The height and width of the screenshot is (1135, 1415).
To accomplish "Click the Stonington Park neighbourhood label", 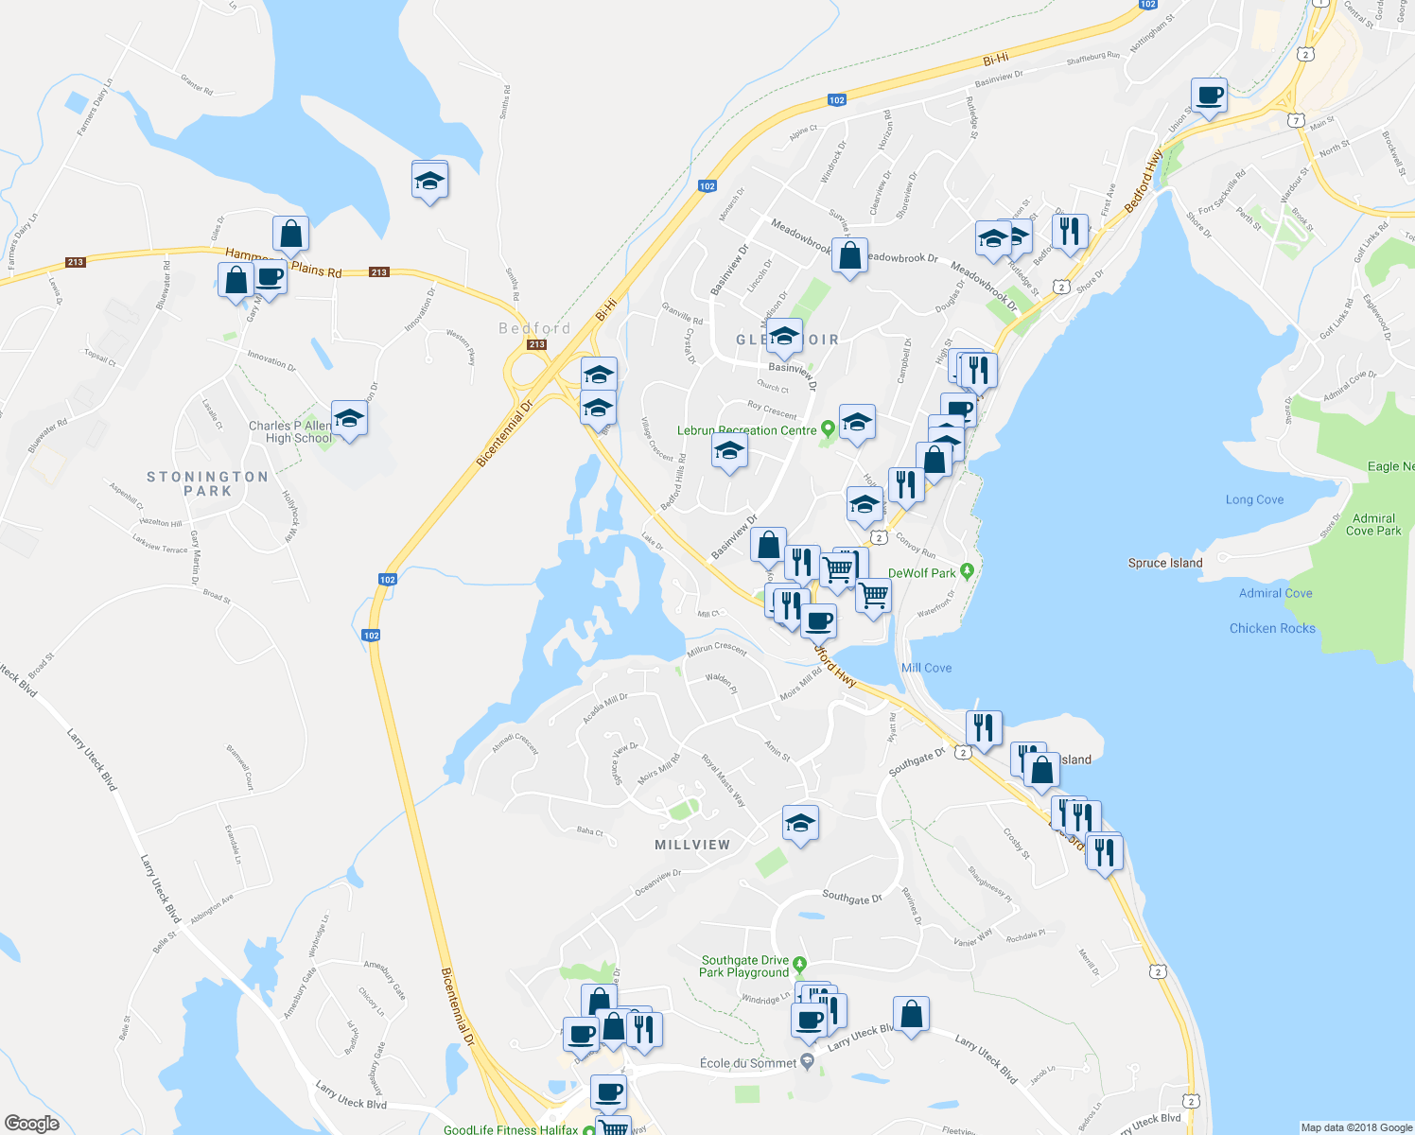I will [x=207, y=483].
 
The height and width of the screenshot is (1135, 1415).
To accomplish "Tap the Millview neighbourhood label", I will [x=692, y=845].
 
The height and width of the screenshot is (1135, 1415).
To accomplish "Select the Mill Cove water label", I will [x=926, y=668].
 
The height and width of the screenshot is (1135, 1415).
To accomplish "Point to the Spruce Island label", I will [x=1165, y=563].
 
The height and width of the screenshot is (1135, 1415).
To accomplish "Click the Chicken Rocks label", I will [x=1272, y=628].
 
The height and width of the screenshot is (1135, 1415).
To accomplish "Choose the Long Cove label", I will [x=1254, y=499].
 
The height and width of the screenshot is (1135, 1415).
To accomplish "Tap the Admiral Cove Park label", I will [x=1373, y=525].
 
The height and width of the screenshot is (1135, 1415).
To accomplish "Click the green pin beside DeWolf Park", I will [x=967, y=571].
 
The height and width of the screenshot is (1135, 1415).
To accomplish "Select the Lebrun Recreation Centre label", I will [x=746, y=430].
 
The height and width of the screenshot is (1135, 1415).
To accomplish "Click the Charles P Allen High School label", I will [x=289, y=432].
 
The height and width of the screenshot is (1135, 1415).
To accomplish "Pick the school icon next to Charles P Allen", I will [x=349, y=418].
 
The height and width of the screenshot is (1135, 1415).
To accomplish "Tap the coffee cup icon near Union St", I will [x=1209, y=95].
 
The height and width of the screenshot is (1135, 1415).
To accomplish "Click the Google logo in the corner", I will [x=31, y=1123].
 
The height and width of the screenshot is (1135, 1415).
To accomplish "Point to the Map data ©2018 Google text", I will [x=1355, y=1127].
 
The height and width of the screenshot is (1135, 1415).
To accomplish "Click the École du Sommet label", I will [x=747, y=1063].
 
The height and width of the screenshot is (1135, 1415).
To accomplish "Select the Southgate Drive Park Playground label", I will [x=744, y=967].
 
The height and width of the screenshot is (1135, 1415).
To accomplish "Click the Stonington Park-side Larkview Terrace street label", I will [x=160, y=547].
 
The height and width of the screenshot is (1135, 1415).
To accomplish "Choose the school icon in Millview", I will [x=800, y=823].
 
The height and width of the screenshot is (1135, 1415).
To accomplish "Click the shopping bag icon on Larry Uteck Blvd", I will [x=911, y=1014].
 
